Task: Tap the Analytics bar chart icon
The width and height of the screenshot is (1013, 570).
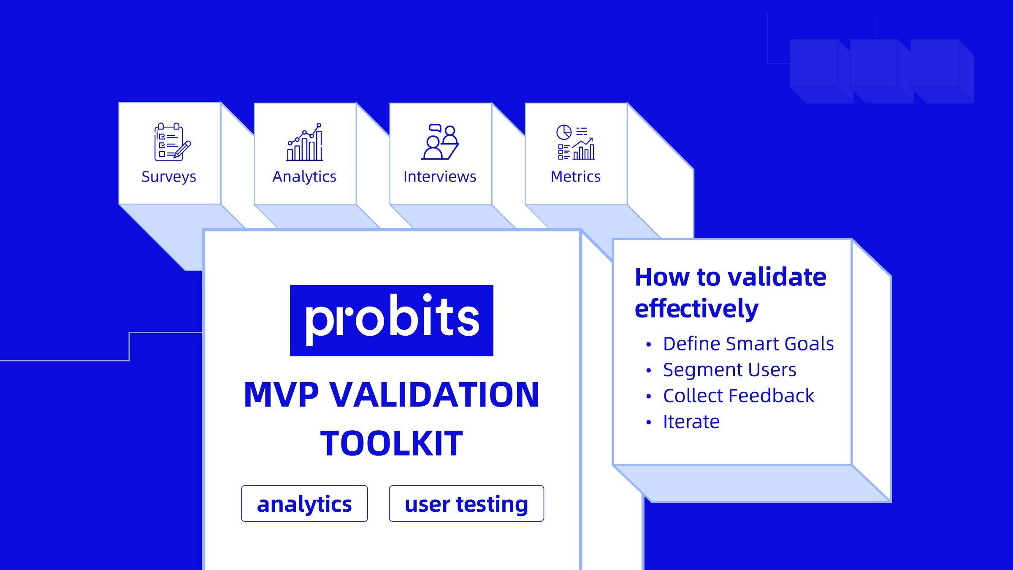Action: point(305,142)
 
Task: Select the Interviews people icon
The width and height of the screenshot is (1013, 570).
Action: point(440,142)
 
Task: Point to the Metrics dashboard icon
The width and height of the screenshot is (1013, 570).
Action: point(576,142)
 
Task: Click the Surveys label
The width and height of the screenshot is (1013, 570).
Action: point(169,176)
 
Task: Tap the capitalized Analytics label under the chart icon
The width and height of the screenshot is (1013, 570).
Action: point(304,176)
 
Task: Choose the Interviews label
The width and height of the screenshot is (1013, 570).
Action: point(440,176)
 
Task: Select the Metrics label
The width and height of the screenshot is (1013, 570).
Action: point(576,176)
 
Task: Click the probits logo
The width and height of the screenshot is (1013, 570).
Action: point(392,320)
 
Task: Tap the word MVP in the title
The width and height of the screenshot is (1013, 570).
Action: point(281,394)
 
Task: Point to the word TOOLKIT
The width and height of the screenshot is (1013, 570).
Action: point(392,443)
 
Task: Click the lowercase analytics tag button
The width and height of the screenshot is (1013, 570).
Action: point(304,503)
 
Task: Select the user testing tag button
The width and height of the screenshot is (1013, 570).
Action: point(466,503)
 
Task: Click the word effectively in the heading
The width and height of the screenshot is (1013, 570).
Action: point(696,308)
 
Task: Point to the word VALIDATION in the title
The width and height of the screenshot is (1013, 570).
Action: point(434,394)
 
